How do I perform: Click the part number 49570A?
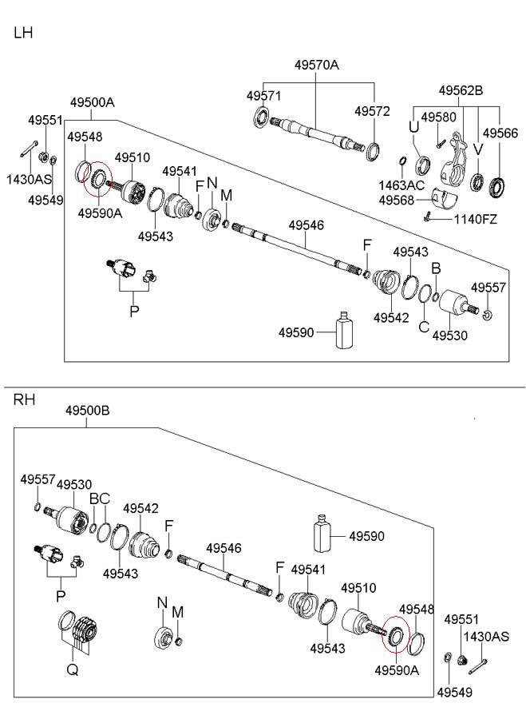coord(316,66)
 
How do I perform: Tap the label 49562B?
coord(461,90)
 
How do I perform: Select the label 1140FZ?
coord(475,219)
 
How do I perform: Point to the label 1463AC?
coord(401,185)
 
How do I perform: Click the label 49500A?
coord(92,102)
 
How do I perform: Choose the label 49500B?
coord(87,411)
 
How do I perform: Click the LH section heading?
coord(23,33)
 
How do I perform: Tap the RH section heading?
coord(24,399)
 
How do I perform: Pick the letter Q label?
coord(73,670)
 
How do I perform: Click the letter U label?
coord(413,126)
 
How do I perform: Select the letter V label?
coord(478,149)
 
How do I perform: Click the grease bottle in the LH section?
coord(345,330)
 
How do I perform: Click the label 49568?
coord(397,201)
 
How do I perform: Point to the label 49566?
coord(500,133)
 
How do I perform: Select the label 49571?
coord(264,96)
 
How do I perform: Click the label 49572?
coord(372,111)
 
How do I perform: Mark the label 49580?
coord(438,117)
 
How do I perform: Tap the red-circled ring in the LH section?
coord(100,177)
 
